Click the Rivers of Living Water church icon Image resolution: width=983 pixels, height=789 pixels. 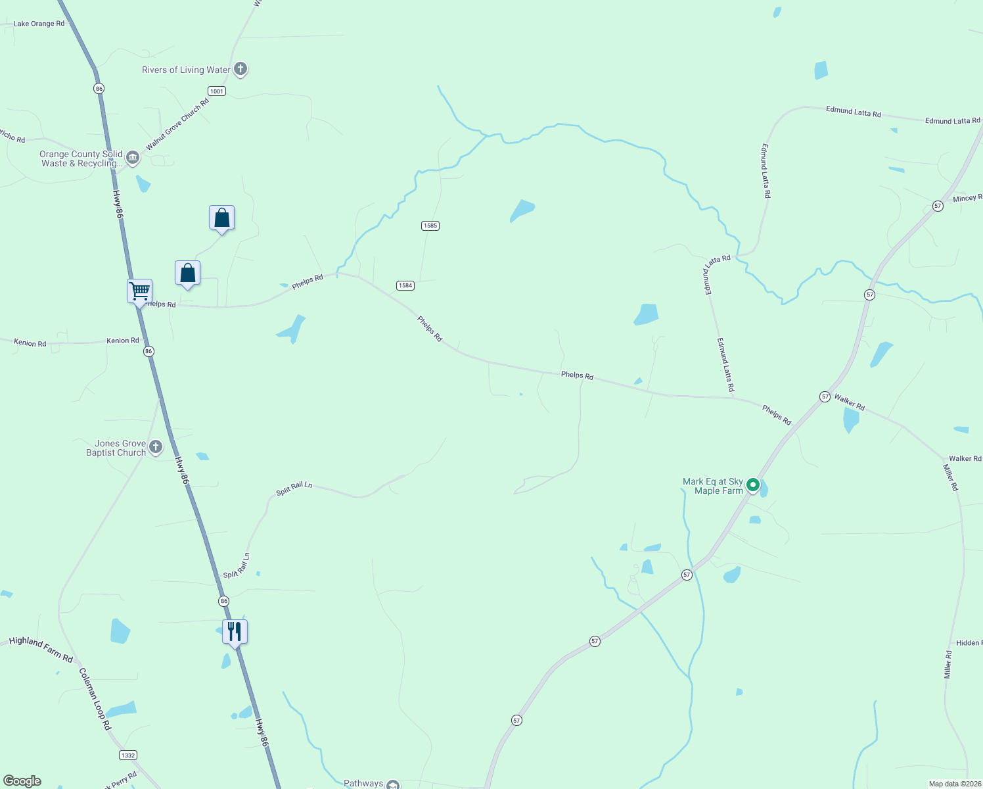pos(240,68)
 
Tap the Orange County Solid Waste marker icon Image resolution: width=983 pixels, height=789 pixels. pos(133,157)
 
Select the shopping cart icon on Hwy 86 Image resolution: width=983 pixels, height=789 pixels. pos(139,290)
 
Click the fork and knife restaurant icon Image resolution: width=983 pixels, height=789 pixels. pos(235,632)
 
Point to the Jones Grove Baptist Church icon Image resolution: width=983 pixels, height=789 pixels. pos(156,447)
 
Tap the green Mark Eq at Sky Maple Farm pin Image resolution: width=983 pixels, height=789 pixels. pos(753,485)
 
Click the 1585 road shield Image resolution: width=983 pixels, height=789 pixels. pos(430,226)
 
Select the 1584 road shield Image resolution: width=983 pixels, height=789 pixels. pos(405,285)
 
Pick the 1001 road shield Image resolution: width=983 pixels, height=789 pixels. pos(217,91)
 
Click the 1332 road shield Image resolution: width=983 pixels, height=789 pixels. pos(128,755)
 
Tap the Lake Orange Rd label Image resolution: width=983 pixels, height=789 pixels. pos(39,24)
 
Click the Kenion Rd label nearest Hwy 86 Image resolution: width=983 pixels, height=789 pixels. pos(123,341)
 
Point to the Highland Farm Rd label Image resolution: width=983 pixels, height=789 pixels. pos(41,648)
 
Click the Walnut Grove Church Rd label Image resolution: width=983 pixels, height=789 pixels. pos(177,124)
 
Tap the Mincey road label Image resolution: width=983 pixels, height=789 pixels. pos(967,198)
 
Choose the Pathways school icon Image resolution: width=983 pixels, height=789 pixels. pos(393,784)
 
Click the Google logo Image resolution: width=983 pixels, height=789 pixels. pos(22,781)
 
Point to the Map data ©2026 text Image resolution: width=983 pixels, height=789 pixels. pos(953,784)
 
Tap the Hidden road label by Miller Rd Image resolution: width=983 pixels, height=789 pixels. pos(969,642)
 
